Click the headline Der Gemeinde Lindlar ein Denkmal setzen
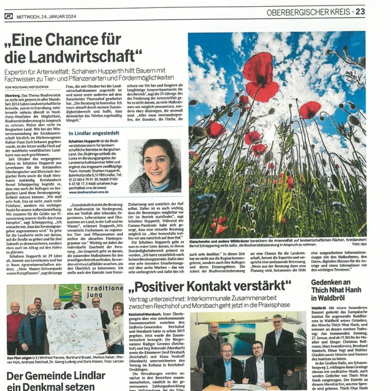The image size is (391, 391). [x=55, y=381]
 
